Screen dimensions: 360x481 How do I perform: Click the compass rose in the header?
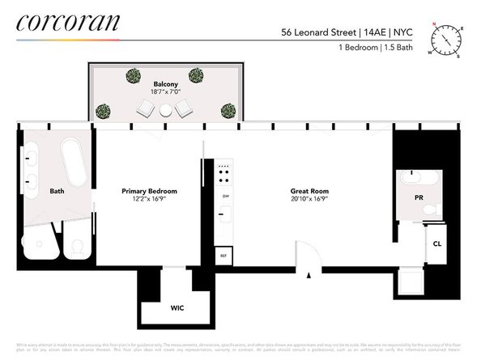[x=445, y=38]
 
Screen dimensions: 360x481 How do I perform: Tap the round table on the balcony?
[x=166, y=109]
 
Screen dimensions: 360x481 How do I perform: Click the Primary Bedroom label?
[x=149, y=191]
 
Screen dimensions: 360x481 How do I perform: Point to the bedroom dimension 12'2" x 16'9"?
[x=149, y=200]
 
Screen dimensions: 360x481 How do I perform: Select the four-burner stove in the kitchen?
[x=224, y=173]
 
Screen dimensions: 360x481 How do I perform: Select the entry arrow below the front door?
[x=309, y=276]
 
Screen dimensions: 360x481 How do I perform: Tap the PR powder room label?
[x=418, y=196]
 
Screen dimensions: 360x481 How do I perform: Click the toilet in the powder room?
[x=429, y=210]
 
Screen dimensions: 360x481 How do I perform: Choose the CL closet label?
[x=436, y=244]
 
